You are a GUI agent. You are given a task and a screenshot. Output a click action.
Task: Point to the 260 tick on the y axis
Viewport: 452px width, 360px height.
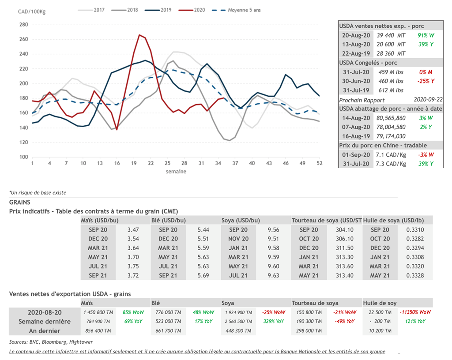click(x=23, y=39)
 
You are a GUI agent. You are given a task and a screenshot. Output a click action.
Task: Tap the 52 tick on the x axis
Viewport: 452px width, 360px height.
click(x=319, y=163)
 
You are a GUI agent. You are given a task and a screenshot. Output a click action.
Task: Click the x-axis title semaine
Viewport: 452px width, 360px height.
click(x=176, y=171)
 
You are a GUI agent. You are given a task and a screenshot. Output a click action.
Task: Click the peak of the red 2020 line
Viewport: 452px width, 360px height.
click(x=139, y=35)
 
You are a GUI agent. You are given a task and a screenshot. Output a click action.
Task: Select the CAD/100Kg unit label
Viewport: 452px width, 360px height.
click(x=31, y=11)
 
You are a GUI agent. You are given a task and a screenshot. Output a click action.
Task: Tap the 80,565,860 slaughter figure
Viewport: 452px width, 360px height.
click(x=391, y=118)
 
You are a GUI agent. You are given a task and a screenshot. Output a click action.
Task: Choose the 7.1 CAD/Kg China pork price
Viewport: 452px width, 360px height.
click(x=390, y=155)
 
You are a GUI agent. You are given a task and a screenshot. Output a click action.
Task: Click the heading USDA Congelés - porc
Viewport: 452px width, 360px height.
click(x=368, y=63)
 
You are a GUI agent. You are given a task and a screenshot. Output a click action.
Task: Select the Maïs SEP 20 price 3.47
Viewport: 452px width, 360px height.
click(x=133, y=230)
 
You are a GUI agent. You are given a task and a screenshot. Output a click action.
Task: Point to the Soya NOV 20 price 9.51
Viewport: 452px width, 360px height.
click(x=273, y=239)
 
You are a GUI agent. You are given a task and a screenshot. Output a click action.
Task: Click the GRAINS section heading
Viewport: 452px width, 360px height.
click(x=19, y=202)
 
